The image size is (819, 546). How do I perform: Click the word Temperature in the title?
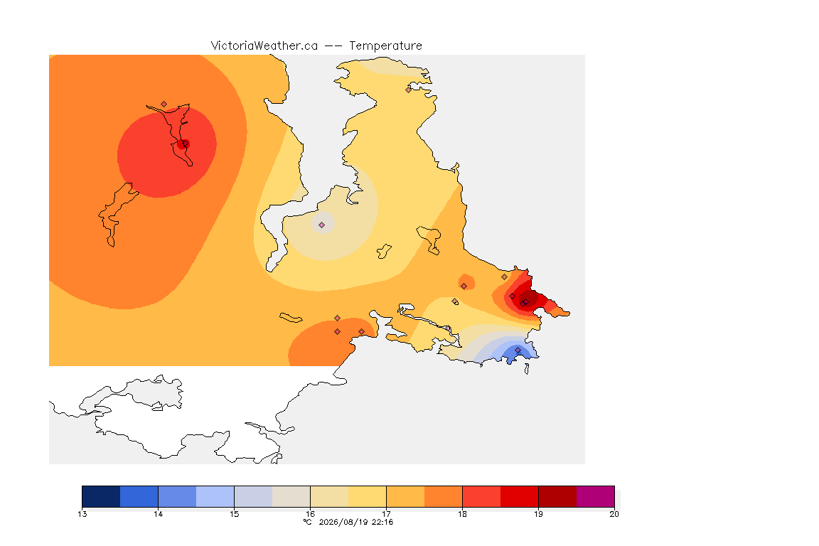(385, 45)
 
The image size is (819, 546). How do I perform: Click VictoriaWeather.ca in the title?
(264, 45)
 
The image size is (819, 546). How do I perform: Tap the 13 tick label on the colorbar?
(82, 514)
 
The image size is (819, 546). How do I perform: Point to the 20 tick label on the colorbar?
(614, 514)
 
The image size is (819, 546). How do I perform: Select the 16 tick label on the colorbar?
(310, 514)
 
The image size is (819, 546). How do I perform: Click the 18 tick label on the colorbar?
(462, 514)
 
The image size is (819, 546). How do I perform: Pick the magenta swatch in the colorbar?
(596, 496)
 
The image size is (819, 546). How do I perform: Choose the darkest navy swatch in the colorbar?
(102, 496)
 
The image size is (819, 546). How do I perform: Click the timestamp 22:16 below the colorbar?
(382, 522)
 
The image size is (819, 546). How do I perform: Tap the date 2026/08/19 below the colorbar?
(343, 522)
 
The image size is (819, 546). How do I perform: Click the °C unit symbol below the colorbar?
(308, 522)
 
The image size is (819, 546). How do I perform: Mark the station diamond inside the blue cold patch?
(518, 350)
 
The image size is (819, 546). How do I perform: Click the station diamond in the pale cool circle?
(322, 225)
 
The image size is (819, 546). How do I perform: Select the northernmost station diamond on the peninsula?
(409, 90)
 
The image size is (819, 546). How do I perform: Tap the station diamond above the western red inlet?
(164, 105)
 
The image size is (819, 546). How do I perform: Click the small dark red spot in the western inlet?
(182, 144)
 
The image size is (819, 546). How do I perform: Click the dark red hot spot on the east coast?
(527, 301)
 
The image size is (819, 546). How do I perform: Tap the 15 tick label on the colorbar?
(234, 514)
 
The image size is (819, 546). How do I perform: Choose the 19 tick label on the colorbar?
(538, 514)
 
